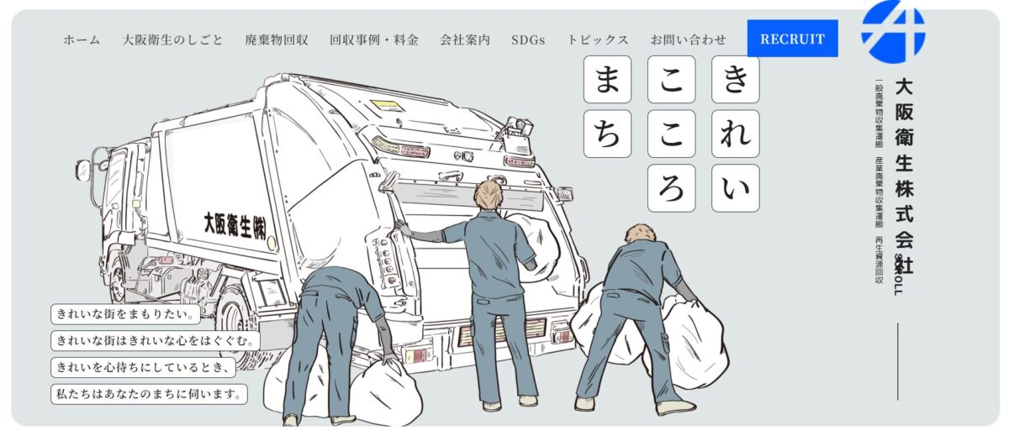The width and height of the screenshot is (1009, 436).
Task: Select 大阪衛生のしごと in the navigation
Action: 172,39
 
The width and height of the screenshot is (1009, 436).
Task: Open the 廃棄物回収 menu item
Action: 277,39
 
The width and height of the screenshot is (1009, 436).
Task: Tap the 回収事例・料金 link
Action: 374,39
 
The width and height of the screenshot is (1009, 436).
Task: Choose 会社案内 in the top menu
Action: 465,39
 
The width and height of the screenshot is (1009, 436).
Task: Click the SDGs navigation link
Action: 528,39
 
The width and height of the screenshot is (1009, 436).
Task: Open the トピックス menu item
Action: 598,39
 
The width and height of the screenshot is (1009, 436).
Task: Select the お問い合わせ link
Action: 688,39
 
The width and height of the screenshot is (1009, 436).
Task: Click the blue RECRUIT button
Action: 792,39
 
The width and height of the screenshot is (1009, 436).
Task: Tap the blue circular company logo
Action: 893,31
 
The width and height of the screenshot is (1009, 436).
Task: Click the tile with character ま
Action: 607,80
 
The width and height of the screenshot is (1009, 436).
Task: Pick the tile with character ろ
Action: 671,187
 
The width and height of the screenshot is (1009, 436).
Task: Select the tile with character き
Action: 735,80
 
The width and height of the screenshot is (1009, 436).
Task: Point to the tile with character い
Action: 735,187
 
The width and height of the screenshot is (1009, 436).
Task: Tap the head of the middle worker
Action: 488,196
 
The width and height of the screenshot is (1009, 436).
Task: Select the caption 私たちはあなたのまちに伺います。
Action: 150,393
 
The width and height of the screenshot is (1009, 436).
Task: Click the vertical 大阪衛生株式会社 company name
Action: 904,176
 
